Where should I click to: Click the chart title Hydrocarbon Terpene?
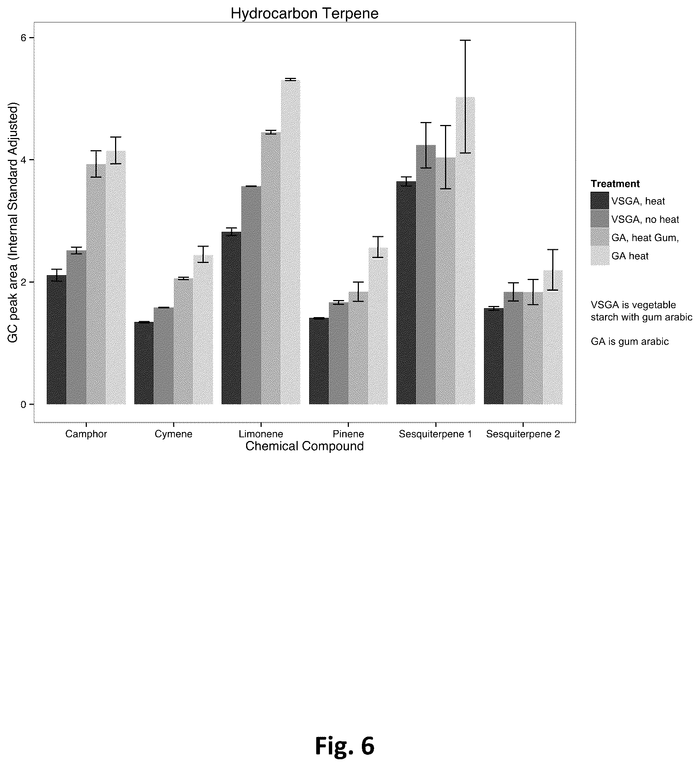point(304,14)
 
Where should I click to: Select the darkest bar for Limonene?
point(232,318)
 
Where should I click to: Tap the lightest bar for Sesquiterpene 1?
point(465,251)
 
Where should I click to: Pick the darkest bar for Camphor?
point(57,340)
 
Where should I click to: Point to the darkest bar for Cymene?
point(144,363)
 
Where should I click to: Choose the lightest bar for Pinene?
point(378,326)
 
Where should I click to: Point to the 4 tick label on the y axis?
point(23,160)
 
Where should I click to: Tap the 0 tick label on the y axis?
point(23,404)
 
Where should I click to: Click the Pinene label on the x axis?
point(348,434)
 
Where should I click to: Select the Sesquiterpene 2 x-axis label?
point(523,434)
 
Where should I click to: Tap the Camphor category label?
point(86,434)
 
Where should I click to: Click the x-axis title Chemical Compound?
point(304,446)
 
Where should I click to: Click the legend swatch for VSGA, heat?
point(600,201)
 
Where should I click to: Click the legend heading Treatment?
point(615,184)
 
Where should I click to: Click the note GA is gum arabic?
point(629,342)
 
